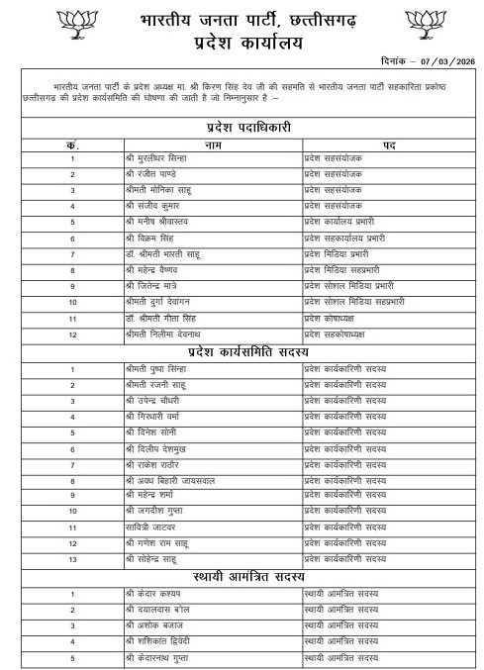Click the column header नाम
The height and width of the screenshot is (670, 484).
click(213, 144)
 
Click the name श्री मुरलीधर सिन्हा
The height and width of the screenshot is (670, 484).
click(157, 158)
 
